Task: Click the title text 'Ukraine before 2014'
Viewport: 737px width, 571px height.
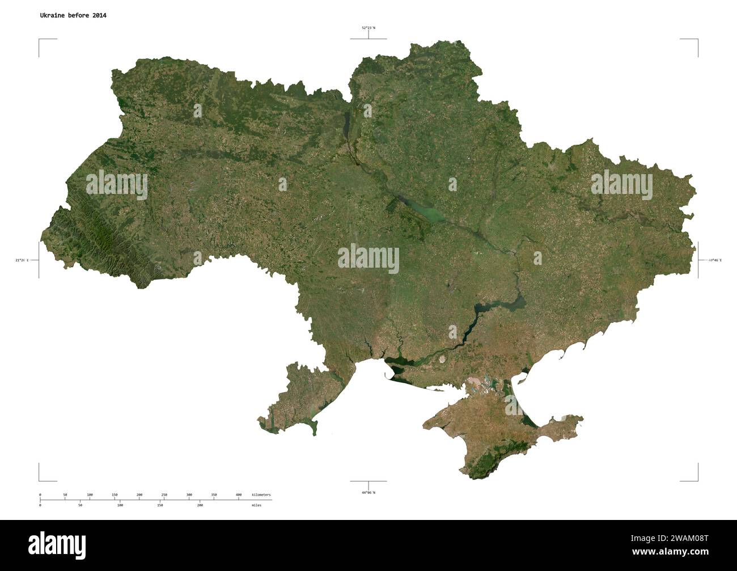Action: [x=73, y=15]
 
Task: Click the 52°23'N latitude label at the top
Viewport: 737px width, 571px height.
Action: [x=369, y=27]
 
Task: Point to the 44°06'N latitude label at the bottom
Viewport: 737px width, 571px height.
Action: [x=369, y=492]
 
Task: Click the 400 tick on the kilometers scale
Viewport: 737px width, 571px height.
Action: [x=239, y=496]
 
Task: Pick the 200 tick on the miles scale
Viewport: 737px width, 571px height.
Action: [x=200, y=504]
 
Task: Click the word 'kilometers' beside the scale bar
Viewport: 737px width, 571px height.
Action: [x=261, y=495]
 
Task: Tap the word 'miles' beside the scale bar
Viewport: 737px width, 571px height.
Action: [x=256, y=504]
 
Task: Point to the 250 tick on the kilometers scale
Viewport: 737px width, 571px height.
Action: [x=164, y=496]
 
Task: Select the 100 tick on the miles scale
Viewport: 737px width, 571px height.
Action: [x=120, y=504]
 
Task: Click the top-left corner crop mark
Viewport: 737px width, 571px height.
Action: [x=40, y=40]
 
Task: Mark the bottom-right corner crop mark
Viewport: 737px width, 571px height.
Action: [x=697, y=480]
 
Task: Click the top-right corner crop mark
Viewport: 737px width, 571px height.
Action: [x=697, y=40]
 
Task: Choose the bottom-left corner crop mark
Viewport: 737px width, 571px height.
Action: [x=40, y=480]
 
